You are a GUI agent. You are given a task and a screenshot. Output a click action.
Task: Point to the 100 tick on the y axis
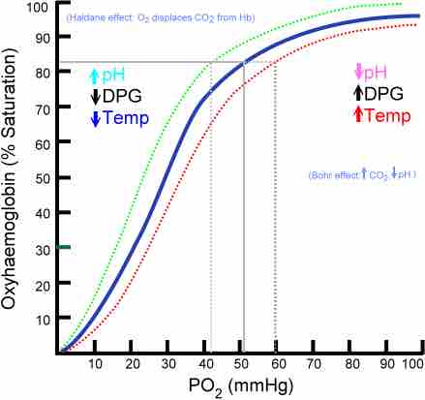[x=38, y=8]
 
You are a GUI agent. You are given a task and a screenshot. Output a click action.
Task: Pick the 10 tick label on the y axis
[x=41, y=319]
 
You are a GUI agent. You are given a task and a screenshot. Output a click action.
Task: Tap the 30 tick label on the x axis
[x=168, y=362]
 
